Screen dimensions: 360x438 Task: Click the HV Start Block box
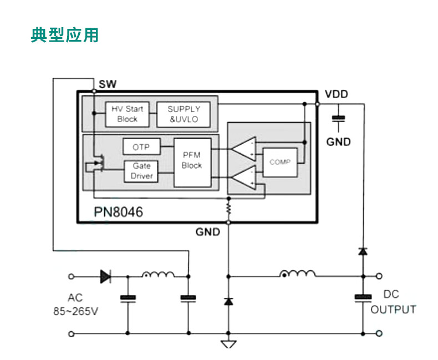tap(127, 114)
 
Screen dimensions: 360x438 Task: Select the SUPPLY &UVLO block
tap(184, 114)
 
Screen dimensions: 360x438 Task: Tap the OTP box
tap(141, 147)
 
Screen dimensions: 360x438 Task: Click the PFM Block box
tap(192, 161)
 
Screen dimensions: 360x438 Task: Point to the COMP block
tap(279, 162)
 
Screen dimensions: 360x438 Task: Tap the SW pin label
tap(108, 84)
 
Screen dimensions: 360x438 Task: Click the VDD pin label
tap(337, 94)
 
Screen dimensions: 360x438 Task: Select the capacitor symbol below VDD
tap(338, 118)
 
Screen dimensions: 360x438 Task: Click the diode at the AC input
tap(105, 276)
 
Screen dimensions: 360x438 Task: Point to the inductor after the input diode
tap(158, 274)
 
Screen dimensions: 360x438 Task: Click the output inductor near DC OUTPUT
tap(298, 273)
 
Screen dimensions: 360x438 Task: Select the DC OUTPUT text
tap(393, 302)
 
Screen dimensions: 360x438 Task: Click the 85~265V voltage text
tap(75, 311)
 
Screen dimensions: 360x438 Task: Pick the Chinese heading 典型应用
tap(65, 34)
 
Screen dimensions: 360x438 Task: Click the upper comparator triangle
tap(243, 149)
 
